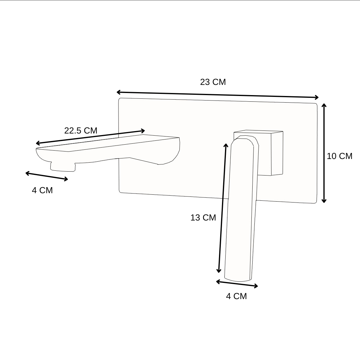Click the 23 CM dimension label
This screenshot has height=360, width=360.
213,82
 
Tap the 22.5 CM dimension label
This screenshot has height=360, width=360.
81,130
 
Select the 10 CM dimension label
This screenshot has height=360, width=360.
339,156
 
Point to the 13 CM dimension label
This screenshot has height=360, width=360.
203,217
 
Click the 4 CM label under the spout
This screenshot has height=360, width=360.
42,190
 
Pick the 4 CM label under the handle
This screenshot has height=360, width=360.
236,296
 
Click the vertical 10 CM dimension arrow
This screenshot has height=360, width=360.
324,153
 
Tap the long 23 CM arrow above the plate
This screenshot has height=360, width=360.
217,95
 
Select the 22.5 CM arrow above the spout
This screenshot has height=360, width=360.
90,137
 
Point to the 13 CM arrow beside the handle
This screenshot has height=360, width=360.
222,208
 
